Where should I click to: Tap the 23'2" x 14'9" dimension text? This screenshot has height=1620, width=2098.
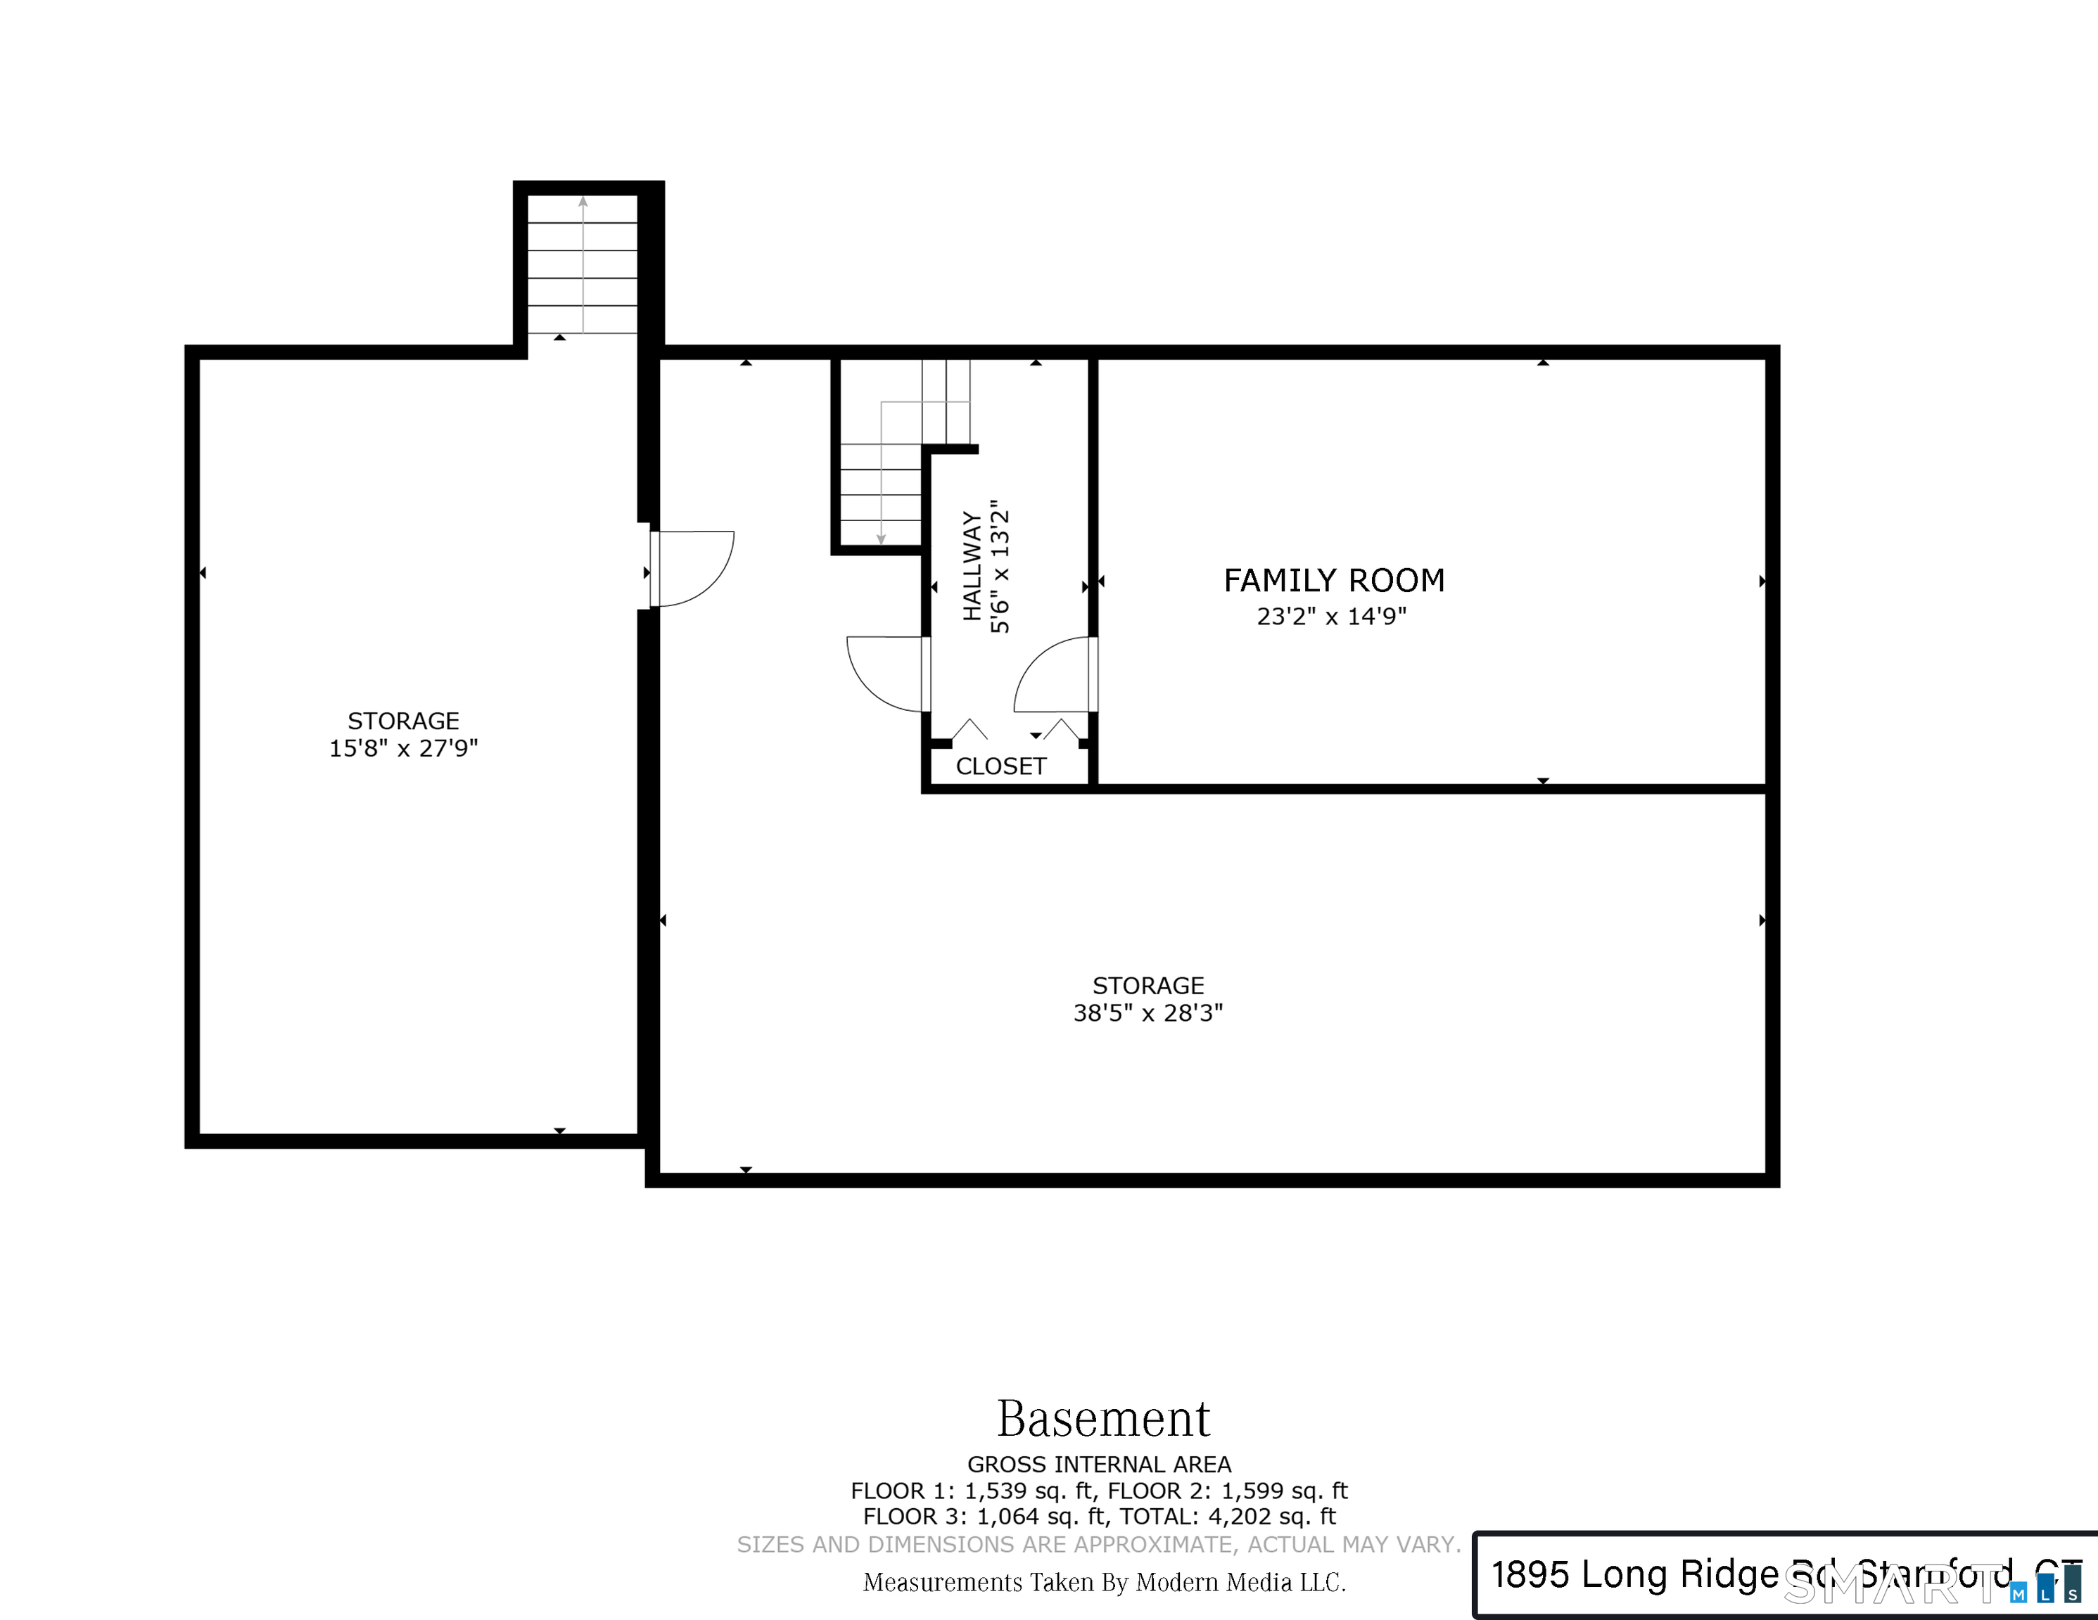(x=1331, y=617)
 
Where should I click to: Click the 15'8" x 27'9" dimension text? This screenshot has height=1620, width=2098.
(x=403, y=748)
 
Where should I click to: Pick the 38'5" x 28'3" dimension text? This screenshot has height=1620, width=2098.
(x=1148, y=1013)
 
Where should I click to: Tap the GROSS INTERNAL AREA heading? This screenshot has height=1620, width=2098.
(x=1099, y=1465)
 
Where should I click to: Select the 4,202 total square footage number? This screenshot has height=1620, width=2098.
(x=1239, y=1517)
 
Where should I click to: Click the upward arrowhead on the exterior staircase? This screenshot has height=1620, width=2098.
(x=583, y=202)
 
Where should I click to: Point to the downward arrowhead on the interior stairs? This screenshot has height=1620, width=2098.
(x=881, y=540)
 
